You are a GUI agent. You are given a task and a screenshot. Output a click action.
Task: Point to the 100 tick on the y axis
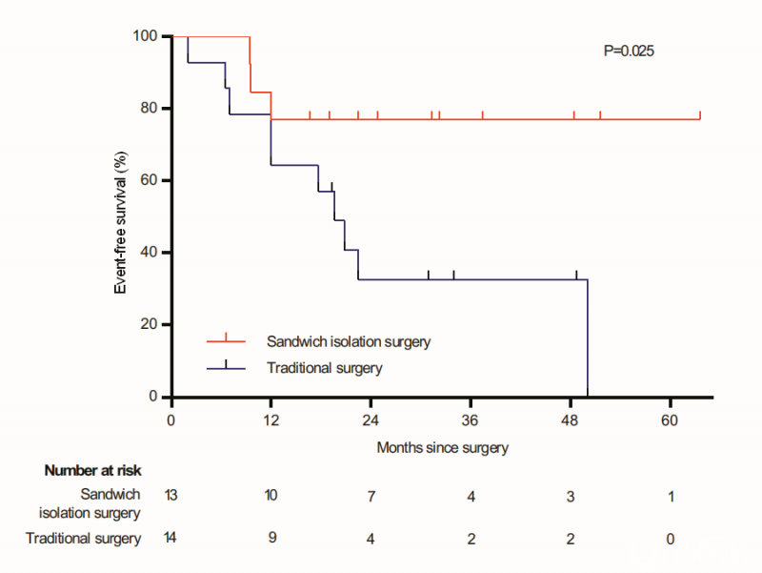150,36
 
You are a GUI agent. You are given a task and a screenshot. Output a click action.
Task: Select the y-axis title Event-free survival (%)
122,216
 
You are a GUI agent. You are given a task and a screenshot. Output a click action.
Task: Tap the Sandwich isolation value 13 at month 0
171,495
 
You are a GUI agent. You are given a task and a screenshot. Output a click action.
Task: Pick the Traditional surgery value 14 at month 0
171,539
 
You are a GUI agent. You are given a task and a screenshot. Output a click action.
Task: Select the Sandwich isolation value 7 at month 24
371,495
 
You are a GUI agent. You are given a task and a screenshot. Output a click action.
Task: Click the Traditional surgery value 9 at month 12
271,539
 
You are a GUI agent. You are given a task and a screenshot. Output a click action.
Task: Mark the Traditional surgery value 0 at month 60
670,539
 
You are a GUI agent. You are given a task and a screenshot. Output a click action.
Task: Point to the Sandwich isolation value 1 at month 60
670,495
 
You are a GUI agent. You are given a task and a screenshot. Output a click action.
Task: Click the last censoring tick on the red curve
700,115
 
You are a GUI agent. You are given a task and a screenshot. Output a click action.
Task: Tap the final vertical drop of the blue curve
588,338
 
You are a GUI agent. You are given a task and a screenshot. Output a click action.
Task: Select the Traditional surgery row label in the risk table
84,539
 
